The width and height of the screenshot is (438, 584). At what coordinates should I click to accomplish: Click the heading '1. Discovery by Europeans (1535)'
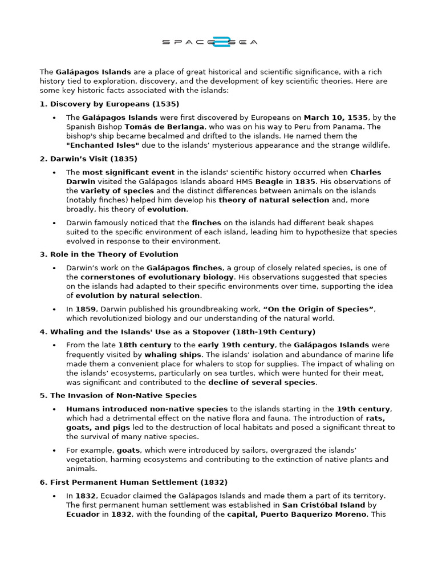coord(109,104)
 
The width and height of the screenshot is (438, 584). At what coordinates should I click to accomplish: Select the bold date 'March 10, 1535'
coord(336,117)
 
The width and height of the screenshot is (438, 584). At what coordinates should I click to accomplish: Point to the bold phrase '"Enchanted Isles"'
coord(103,145)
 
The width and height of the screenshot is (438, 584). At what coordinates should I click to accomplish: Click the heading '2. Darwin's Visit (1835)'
coord(88,159)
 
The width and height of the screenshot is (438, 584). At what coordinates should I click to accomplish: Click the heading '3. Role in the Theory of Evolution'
coord(108,254)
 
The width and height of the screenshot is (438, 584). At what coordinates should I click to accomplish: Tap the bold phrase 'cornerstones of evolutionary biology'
coord(157,277)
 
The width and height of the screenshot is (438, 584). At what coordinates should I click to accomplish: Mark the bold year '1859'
coord(86,309)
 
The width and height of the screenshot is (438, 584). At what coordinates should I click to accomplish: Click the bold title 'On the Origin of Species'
coord(318,309)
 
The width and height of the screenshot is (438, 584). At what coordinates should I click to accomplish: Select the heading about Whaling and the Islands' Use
coord(177,331)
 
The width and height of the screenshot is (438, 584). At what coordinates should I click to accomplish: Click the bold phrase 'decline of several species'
coord(262,382)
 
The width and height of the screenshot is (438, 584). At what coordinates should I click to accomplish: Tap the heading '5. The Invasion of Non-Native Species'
coord(118,395)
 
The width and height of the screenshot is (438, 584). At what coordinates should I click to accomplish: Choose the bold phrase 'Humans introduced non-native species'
coord(147,409)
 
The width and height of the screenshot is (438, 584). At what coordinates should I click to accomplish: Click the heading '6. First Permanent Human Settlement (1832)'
coord(133,482)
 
